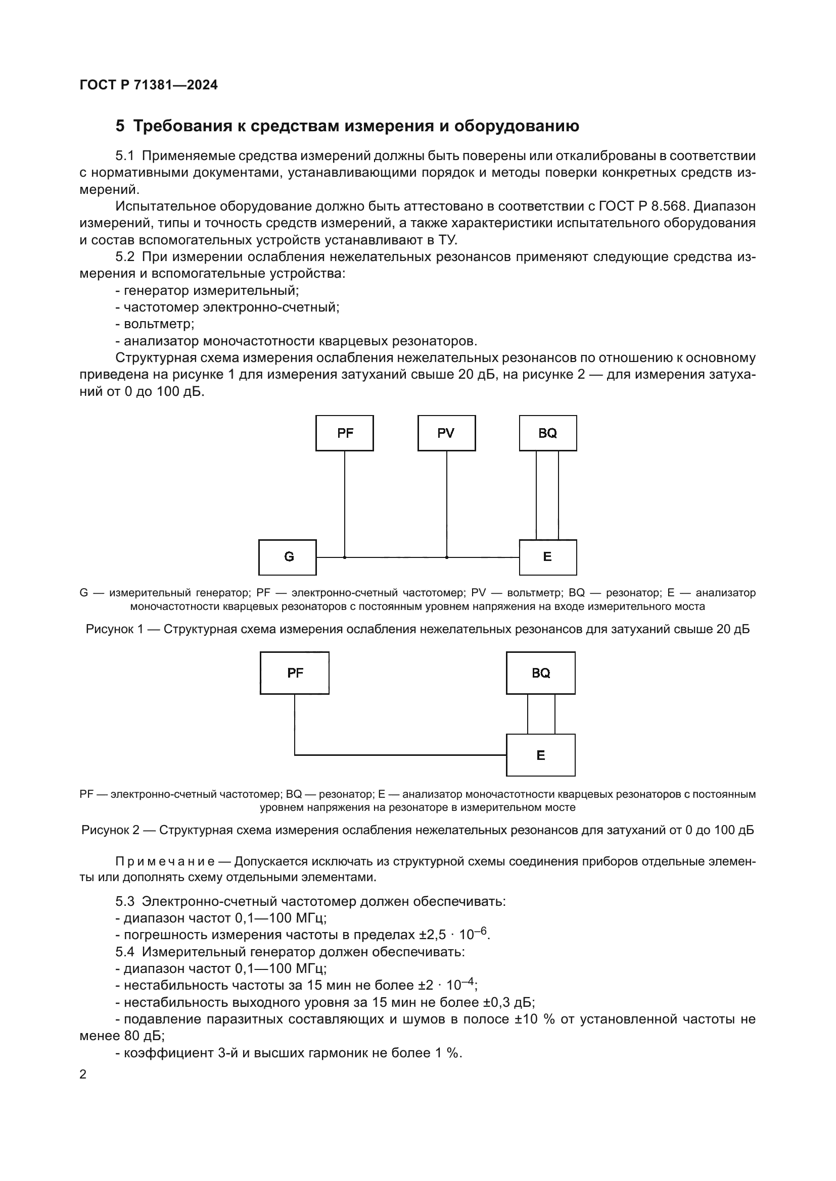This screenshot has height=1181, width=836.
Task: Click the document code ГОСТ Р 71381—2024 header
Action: click(149, 85)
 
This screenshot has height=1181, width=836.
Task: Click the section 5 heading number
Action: click(120, 126)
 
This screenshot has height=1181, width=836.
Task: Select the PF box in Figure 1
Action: click(344, 433)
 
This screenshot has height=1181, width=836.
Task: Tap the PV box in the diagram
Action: click(446, 433)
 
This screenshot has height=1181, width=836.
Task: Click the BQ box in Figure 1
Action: click(548, 433)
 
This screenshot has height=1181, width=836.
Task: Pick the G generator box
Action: click(287, 557)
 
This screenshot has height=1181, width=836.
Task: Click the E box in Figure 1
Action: click(548, 557)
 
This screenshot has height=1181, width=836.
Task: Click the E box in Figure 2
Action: click(540, 755)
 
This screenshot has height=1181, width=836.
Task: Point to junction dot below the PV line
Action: click(446, 557)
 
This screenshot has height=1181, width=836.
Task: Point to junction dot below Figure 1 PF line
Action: click(344, 557)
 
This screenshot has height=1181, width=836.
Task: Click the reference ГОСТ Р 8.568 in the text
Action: click(643, 207)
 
